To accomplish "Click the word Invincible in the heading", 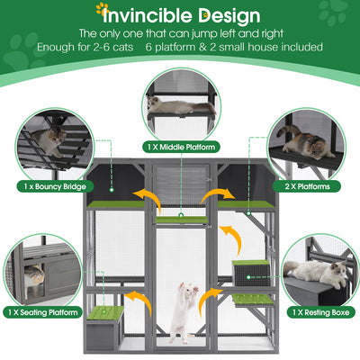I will click(x=147, y=15).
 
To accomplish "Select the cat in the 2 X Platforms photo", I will click(x=306, y=141).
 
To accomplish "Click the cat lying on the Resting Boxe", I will click(x=315, y=270).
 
